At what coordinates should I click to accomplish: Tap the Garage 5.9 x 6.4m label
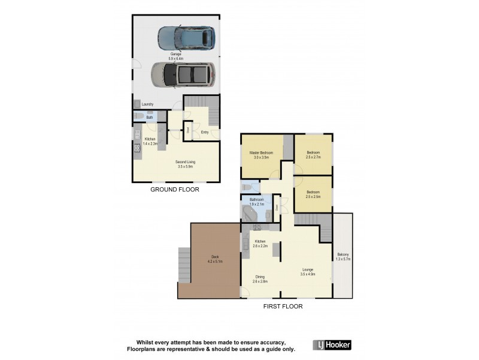tap(175, 56)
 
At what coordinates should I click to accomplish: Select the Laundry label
tap(147, 104)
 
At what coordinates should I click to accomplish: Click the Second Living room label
tap(186, 164)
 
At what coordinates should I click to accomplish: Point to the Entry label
tap(205, 132)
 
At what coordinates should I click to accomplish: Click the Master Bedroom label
tap(262, 155)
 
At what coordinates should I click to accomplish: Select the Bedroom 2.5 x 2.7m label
tap(313, 154)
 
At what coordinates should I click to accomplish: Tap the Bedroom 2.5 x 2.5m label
tap(313, 194)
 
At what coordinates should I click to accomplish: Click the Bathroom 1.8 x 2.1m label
tap(257, 202)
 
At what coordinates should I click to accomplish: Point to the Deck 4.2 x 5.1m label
tap(214, 259)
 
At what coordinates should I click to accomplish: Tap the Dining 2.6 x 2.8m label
tap(260, 278)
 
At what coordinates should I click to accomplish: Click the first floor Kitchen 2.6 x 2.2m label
tap(260, 243)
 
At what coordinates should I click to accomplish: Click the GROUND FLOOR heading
tap(175, 190)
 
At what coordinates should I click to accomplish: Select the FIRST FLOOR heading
tap(283, 306)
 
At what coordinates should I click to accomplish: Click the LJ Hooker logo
tap(332, 345)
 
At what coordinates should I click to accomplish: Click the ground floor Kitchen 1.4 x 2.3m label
tap(150, 141)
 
